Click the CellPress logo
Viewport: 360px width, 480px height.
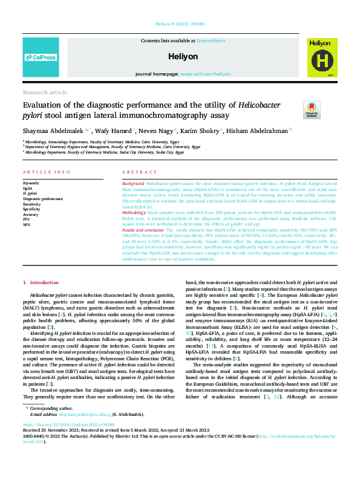pos(41,57)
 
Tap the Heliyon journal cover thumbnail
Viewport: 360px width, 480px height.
pos(319,57)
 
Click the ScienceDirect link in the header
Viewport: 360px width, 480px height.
pos(210,40)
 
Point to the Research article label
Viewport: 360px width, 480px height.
pos(45,92)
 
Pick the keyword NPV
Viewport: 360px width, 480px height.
pos(27,224)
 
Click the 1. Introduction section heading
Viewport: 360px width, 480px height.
pos(41,282)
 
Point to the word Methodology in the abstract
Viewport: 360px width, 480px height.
pos(135,213)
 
